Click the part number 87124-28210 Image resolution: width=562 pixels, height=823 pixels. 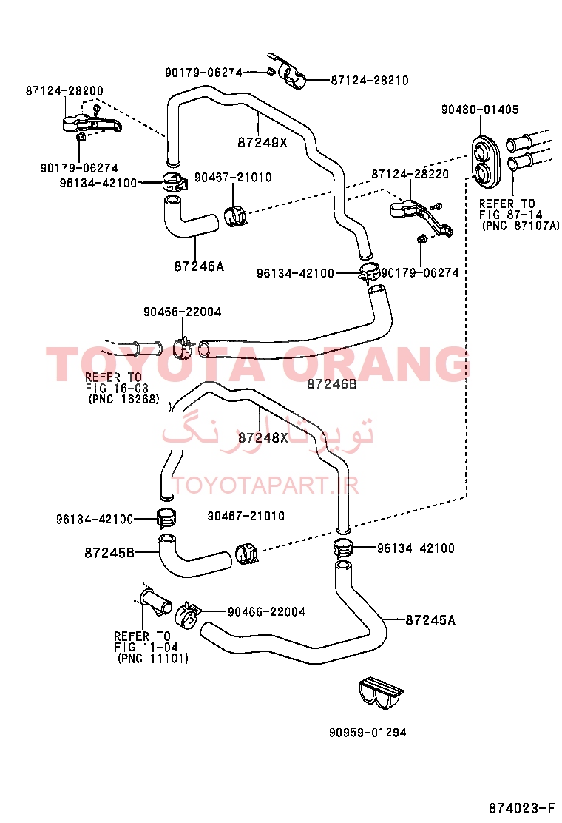tap(370, 81)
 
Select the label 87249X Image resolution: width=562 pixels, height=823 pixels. tap(263, 143)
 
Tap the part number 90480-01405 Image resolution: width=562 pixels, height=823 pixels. tap(480, 110)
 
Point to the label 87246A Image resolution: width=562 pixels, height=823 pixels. tap(199, 266)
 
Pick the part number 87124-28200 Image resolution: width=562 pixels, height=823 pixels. tap(64, 91)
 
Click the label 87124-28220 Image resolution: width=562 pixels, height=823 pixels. tap(410, 174)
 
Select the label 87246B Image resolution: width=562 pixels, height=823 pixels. tap(332, 384)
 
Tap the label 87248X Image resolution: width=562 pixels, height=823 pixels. tap(263, 437)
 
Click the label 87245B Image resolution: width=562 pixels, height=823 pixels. tap(109, 553)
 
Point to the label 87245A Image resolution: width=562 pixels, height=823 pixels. tap(430, 620)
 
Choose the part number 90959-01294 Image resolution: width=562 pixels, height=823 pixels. tap(368, 732)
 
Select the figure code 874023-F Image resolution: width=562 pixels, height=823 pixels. tap(521, 807)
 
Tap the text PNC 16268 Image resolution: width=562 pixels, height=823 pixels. tap(123, 400)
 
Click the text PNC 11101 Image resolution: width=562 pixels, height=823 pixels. tap(153, 658)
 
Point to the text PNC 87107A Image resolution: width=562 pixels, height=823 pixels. tap(520, 226)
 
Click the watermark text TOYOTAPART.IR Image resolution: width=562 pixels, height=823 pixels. tap(265, 486)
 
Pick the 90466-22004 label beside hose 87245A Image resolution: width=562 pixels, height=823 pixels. tap(266, 611)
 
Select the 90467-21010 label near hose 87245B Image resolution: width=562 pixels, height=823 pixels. tap(246, 516)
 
